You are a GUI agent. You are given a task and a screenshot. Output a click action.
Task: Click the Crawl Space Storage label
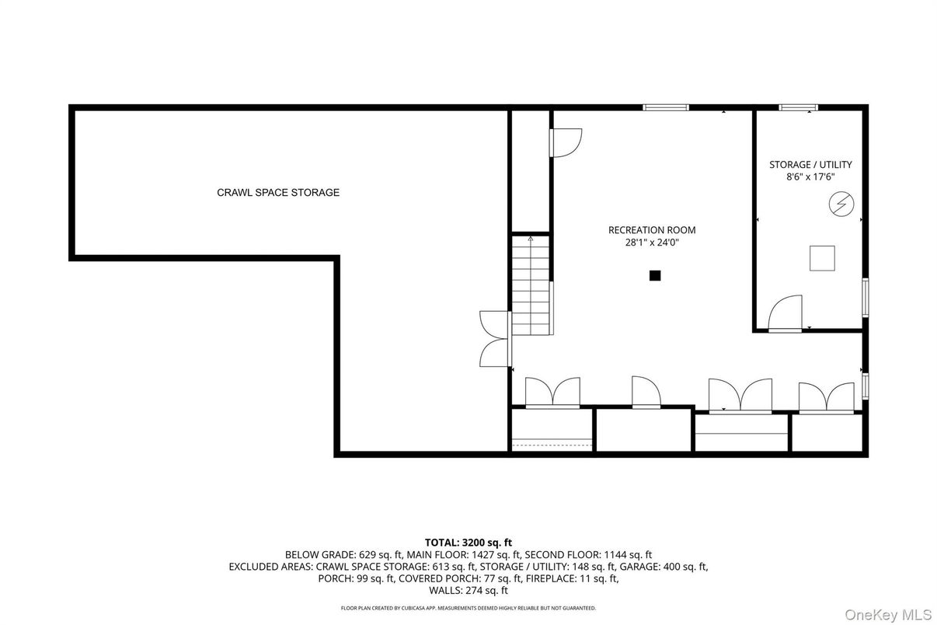pos(277,193)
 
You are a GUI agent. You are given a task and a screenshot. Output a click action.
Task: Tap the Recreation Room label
pos(651,230)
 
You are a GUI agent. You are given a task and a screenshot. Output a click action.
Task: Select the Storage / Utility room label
pos(810,165)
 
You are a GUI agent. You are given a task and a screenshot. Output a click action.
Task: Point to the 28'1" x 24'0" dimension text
pos(651,243)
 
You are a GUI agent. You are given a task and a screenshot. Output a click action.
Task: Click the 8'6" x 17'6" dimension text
pos(810,177)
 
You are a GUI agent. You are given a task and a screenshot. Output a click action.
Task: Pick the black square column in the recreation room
pos(655,274)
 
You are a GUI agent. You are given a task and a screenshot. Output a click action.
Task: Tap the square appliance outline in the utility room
pos(822,258)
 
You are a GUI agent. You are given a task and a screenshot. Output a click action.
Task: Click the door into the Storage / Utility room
pos(785,314)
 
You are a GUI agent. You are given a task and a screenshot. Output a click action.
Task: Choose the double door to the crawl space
pos(495,339)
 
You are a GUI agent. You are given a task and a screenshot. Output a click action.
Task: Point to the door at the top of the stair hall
pos(564,142)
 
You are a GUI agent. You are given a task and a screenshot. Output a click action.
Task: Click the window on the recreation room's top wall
pos(666,107)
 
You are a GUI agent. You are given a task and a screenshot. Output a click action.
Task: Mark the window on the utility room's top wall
pos(798,107)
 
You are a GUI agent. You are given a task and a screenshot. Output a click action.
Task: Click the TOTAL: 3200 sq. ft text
pos(468,543)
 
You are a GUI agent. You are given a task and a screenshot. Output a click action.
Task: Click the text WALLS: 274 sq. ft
pos(468,591)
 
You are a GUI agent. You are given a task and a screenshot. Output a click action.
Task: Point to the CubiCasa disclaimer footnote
pos(468,608)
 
